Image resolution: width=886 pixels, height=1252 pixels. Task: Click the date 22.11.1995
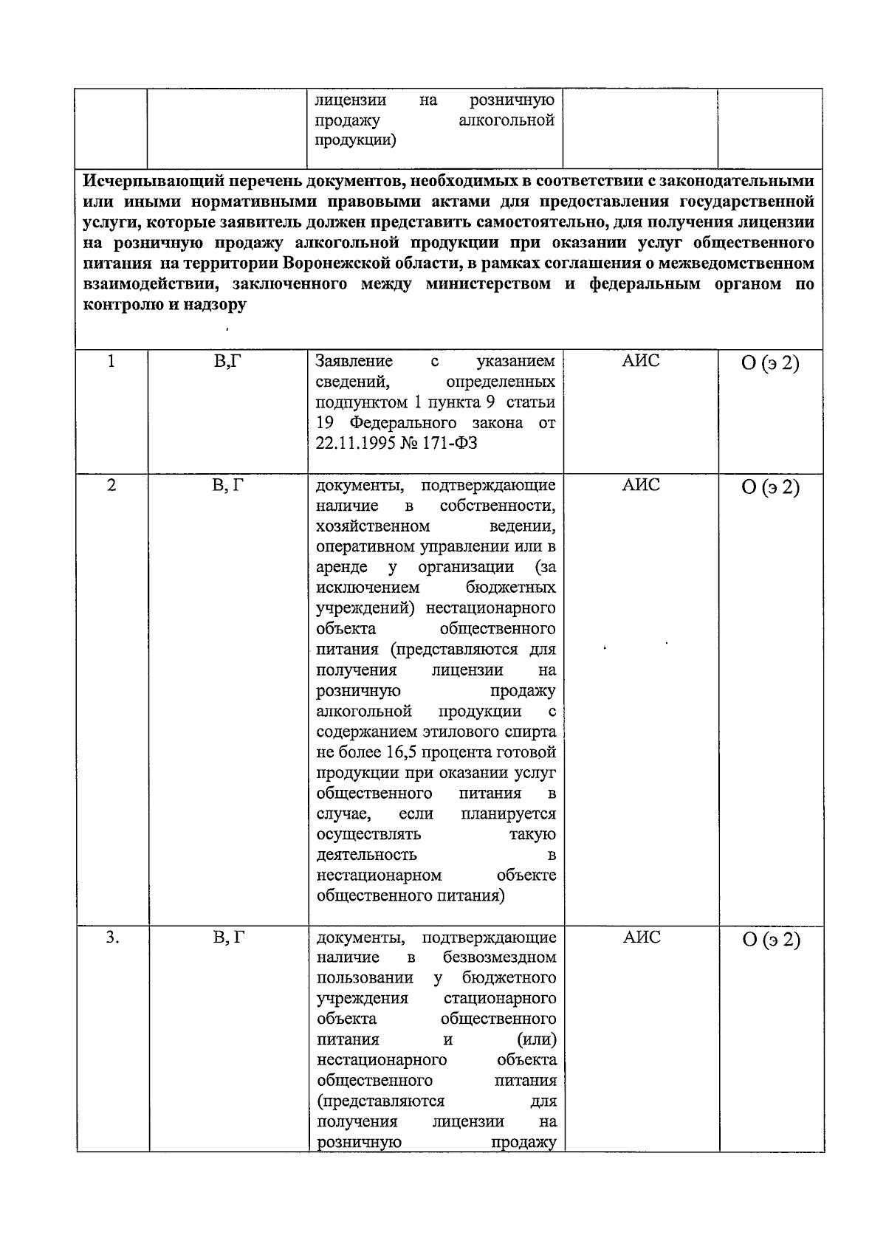coord(356,444)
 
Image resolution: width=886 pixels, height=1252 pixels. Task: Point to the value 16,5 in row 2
coord(403,752)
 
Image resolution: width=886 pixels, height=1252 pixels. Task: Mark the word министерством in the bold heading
coord(488,284)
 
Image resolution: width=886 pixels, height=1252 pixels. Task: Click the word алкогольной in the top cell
coord(506,120)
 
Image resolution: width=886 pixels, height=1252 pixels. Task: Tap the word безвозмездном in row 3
coord(500,957)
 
